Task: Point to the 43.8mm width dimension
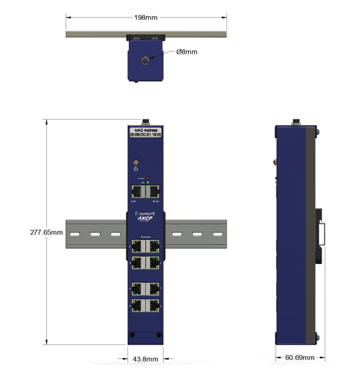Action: (145, 358)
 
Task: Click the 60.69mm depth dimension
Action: (299, 357)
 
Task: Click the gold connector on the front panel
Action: (137, 163)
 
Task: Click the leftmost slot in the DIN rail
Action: (74, 233)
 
